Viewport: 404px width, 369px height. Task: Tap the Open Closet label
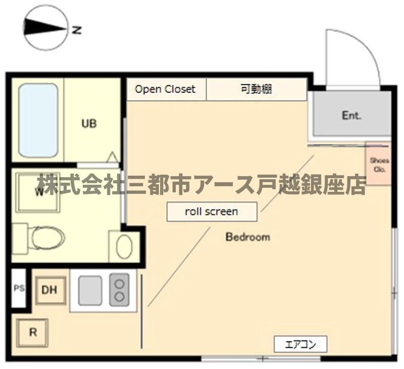click(x=165, y=89)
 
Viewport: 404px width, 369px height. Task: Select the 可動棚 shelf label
click(x=256, y=89)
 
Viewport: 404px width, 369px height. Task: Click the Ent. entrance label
click(x=351, y=116)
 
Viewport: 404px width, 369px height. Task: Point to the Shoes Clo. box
click(x=378, y=164)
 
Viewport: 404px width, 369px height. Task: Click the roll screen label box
click(x=212, y=212)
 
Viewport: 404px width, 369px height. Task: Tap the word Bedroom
click(x=247, y=237)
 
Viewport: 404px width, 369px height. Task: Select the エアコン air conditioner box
click(x=300, y=344)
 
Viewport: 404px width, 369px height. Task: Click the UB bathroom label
click(x=89, y=123)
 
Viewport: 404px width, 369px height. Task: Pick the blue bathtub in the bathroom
click(x=38, y=120)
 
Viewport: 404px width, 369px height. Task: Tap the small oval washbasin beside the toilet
click(x=124, y=246)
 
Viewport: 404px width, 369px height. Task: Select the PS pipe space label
click(x=19, y=289)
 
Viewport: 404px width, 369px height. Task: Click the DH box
click(x=50, y=290)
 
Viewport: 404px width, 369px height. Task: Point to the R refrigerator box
click(x=32, y=333)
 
